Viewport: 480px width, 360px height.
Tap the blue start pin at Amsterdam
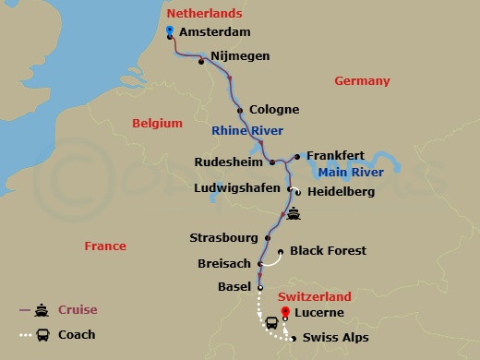coord(170,31)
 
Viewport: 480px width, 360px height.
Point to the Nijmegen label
coord(240,56)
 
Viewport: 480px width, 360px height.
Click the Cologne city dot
coord(240,111)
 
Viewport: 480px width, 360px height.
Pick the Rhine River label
coord(247,130)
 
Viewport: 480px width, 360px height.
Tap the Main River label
coord(350,172)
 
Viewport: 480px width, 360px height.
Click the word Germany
coord(362,81)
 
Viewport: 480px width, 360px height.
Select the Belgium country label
coord(157,122)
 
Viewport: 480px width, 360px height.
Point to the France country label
coord(104,246)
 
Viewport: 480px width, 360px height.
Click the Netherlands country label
coord(204,13)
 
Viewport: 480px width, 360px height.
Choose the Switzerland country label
coord(315,296)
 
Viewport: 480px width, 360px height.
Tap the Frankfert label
coord(336,155)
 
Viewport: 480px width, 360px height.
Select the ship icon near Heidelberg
coord(294,214)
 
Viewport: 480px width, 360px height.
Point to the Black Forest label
coord(328,250)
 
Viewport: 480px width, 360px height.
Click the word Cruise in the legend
coord(78,309)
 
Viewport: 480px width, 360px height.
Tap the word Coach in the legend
coord(77,335)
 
